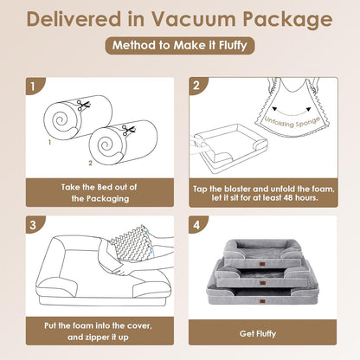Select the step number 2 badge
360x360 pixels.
click(x=197, y=87)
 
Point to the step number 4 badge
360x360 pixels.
click(x=197, y=223)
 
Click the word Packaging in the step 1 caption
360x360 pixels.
click(x=100, y=197)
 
